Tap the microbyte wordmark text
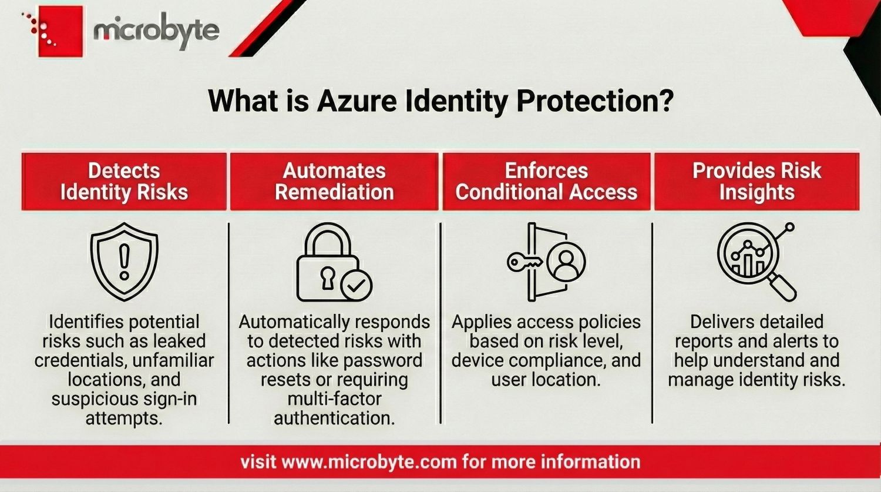coord(156,31)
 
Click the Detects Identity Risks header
coord(124,181)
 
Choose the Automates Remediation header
coord(334,181)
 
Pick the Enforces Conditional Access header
coord(546,181)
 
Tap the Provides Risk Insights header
coord(756,181)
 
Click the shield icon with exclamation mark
coord(124,261)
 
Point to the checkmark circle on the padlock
coord(356,286)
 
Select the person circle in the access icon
coord(566,262)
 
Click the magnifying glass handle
coord(783,287)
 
